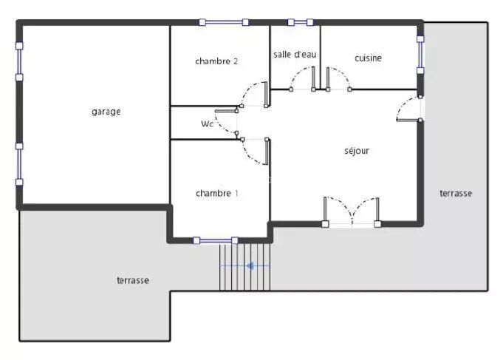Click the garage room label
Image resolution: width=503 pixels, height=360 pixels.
(106, 112)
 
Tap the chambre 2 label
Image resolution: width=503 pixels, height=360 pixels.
(216, 61)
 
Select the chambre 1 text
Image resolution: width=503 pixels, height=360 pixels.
(217, 194)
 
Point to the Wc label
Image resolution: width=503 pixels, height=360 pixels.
(208, 123)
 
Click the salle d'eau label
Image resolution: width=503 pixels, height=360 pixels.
(295, 54)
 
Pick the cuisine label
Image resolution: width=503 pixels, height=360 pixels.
(369, 58)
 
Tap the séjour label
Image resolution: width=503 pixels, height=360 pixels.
(357, 151)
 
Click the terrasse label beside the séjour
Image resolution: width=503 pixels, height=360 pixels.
(456, 194)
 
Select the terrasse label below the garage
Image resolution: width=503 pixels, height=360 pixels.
(133, 280)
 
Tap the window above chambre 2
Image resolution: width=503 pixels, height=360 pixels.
(224, 22)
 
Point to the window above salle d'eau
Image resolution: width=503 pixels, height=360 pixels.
(301, 22)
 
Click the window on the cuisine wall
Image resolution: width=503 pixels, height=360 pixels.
(420, 55)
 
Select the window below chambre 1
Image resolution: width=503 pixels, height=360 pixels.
(216, 240)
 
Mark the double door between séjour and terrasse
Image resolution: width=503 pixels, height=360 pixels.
(352, 212)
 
